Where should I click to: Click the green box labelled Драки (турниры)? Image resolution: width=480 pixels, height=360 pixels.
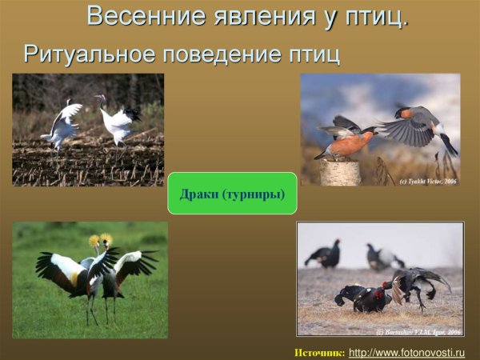pos(232,194)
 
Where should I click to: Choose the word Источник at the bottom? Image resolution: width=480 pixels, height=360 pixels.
pos(319,352)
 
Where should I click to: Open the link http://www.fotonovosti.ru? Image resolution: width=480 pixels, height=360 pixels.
pos(406,352)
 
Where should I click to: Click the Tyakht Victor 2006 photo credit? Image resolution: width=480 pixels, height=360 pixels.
pos(428,182)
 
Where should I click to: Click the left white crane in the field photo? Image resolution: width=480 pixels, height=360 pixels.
pos(62,124)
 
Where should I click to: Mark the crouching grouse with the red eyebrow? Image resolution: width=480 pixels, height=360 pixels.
pos(364,298)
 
